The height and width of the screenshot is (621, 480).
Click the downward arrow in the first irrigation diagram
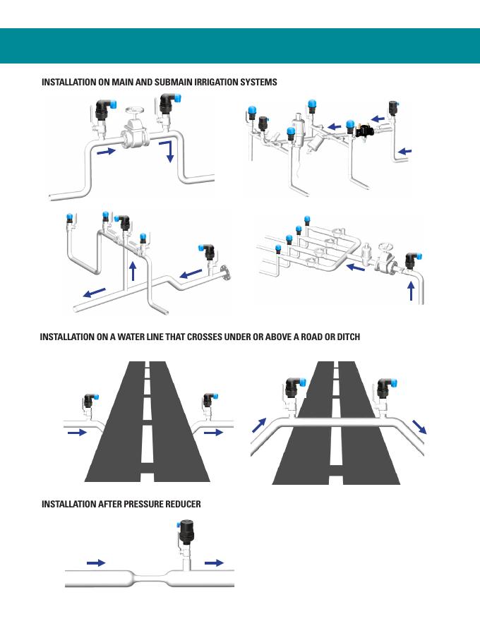tap(170, 150)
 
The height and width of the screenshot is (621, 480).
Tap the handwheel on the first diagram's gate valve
tap(134, 112)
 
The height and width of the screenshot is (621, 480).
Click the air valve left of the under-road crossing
tap(89, 403)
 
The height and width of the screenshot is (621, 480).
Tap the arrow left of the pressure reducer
tap(95, 562)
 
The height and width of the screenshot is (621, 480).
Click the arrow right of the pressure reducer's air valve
tap(214, 562)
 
